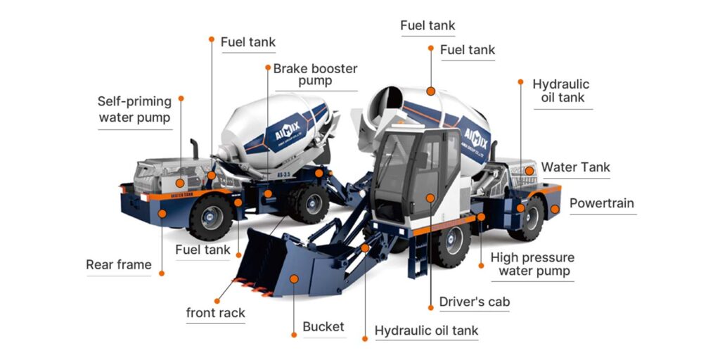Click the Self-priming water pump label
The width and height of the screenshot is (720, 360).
tap(134, 110)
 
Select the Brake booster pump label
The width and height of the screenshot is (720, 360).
tap(315, 75)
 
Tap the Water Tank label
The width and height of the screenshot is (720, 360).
tap(575, 167)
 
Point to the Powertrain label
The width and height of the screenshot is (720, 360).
tap(601, 204)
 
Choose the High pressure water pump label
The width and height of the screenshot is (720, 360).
tap(532, 264)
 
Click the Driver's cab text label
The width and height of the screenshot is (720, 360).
tap(474, 302)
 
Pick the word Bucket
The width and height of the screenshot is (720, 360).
tap(323, 326)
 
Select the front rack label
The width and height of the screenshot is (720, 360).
tap(215, 313)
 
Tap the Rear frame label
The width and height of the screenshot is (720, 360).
tap(118, 265)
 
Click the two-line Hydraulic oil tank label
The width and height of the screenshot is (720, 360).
tap(561, 91)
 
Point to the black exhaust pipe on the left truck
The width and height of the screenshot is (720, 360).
tap(195, 150)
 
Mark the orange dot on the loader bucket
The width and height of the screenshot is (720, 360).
tap(294, 279)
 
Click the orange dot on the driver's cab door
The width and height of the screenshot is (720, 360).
tap(430, 198)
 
